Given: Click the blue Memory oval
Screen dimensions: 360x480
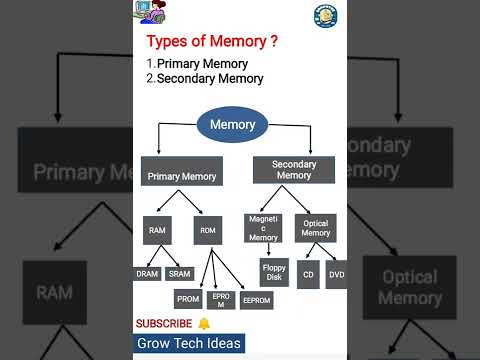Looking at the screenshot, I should (232, 125).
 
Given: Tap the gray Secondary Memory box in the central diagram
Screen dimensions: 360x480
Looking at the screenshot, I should (293, 170).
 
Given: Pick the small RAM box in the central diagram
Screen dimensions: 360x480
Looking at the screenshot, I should (158, 230).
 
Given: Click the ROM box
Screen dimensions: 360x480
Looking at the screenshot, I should (209, 230).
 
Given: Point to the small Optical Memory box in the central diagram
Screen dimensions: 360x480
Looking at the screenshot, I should (316, 228).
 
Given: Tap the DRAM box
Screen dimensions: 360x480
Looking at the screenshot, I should (147, 273).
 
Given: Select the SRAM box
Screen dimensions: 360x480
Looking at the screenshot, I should (180, 273).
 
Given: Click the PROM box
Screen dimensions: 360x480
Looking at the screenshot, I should (188, 298).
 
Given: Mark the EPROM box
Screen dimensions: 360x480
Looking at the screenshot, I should (221, 300).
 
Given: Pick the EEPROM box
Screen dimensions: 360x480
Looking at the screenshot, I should (257, 299).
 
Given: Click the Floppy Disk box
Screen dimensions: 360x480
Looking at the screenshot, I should (274, 272).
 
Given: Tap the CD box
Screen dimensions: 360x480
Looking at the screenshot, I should (308, 274).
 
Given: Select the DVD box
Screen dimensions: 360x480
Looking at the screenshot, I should (336, 274).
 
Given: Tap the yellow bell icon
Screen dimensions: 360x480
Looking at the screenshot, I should (204, 324).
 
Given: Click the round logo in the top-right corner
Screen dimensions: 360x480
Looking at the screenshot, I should (323, 14).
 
